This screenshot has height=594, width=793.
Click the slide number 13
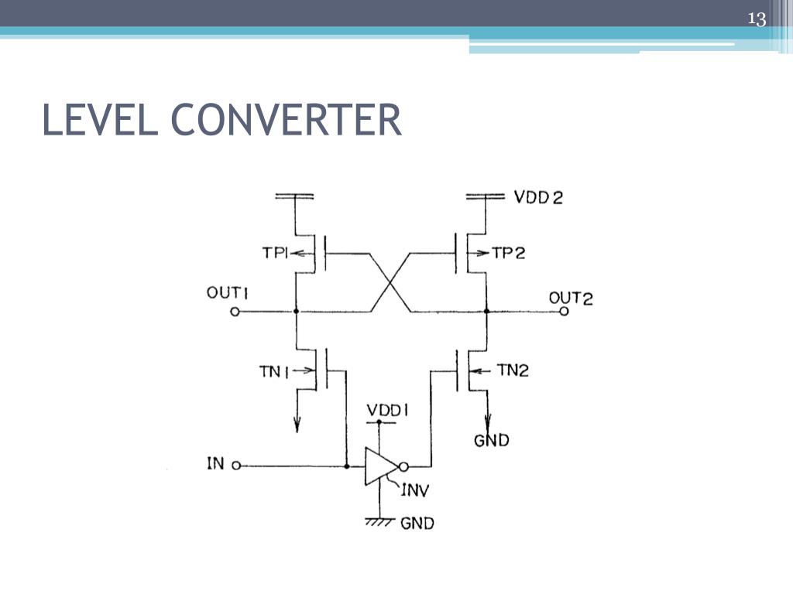pos(756,19)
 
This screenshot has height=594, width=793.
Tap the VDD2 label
pos(538,196)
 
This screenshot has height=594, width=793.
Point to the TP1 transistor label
pos(274,253)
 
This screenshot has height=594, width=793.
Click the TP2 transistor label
pos(509,253)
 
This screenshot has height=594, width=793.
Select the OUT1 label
pos(226,293)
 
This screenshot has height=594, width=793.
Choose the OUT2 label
pos(570,297)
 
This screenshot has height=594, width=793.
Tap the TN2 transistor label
pos(512,370)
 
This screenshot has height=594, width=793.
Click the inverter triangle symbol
pos(380,466)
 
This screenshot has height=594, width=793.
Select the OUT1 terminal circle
pos(235,312)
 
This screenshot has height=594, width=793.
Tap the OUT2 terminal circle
pos(565,312)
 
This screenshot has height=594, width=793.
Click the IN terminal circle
pos(236,466)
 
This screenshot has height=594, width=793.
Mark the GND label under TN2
pos(492,440)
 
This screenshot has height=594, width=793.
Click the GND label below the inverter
pos(417,523)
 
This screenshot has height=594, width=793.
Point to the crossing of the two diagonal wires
pos(390,282)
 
